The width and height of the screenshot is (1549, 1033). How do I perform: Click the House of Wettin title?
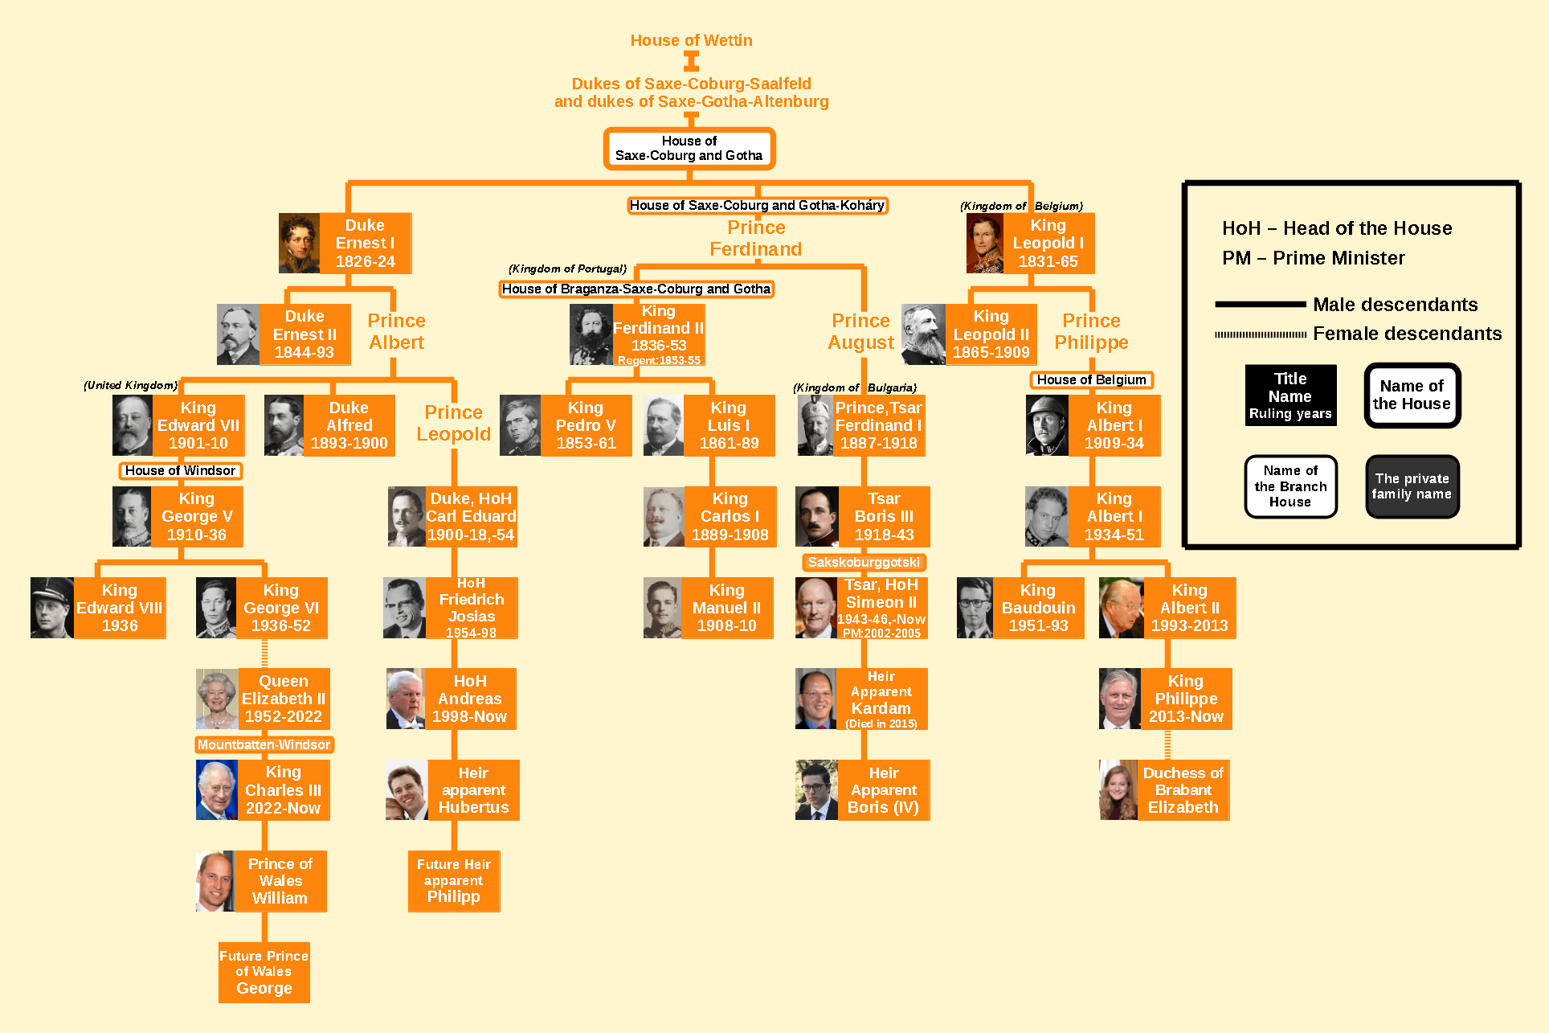pos(691,40)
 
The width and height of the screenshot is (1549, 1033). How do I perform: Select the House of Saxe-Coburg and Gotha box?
pos(689,149)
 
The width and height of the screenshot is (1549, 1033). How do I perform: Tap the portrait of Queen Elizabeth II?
pos(217,699)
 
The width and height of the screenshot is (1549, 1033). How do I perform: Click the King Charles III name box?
pos(283,789)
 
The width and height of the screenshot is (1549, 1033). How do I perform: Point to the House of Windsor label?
pos(180,470)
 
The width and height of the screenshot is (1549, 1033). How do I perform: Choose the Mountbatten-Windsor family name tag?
pos(264,744)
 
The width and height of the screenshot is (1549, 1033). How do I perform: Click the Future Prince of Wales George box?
pos(264,972)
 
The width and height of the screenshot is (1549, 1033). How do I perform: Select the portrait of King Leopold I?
pos(984,243)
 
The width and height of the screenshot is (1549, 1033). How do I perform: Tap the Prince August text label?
pos(860,331)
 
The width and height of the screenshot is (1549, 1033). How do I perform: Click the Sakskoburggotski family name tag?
pos(864,562)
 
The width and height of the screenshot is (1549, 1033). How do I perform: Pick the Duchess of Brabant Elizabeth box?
pos(1183,789)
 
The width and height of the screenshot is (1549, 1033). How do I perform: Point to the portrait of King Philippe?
pos(1119,699)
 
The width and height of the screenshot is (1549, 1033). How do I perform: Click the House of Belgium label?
pos(1091,379)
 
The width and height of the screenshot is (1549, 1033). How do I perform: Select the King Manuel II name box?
pos(726,608)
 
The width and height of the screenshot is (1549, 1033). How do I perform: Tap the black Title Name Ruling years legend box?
pos(1290,396)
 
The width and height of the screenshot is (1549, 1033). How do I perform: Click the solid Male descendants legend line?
pos(1260,305)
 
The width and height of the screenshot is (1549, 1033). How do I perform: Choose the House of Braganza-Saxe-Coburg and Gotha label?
pos(636,289)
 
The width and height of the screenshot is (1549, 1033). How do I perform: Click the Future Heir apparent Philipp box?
pos(454,880)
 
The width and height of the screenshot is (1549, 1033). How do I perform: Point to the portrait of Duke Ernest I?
pos(299,243)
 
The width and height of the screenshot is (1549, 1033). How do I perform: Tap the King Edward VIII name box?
pos(119,608)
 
